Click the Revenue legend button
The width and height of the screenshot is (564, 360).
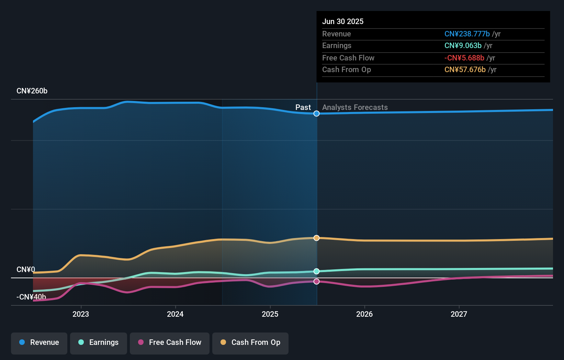[x=39, y=342]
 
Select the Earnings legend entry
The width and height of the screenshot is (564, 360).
[x=99, y=342]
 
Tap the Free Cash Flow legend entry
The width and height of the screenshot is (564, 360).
[x=170, y=342]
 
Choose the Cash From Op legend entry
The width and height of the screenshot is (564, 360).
[x=250, y=342]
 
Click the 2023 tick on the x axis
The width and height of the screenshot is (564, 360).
[x=81, y=314]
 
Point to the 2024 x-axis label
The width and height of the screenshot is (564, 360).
[x=175, y=314]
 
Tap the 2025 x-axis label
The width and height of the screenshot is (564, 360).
[x=270, y=314]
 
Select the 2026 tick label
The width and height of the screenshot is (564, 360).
[x=364, y=314]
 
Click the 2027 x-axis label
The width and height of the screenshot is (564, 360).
[x=459, y=314]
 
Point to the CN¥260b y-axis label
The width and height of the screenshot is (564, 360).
[x=32, y=91]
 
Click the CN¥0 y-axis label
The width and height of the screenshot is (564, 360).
[x=26, y=270]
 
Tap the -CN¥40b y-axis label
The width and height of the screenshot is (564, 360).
[x=31, y=297]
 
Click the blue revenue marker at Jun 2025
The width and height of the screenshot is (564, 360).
[x=316, y=114]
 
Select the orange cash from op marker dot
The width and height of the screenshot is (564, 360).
[x=316, y=238]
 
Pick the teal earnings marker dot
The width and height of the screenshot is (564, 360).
[x=316, y=271]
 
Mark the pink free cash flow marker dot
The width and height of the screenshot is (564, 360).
[x=316, y=282]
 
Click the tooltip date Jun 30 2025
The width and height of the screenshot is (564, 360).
[x=342, y=22]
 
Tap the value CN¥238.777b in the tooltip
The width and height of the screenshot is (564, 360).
[x=467, y=34]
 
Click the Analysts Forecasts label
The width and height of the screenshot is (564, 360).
[x=355, y=108]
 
